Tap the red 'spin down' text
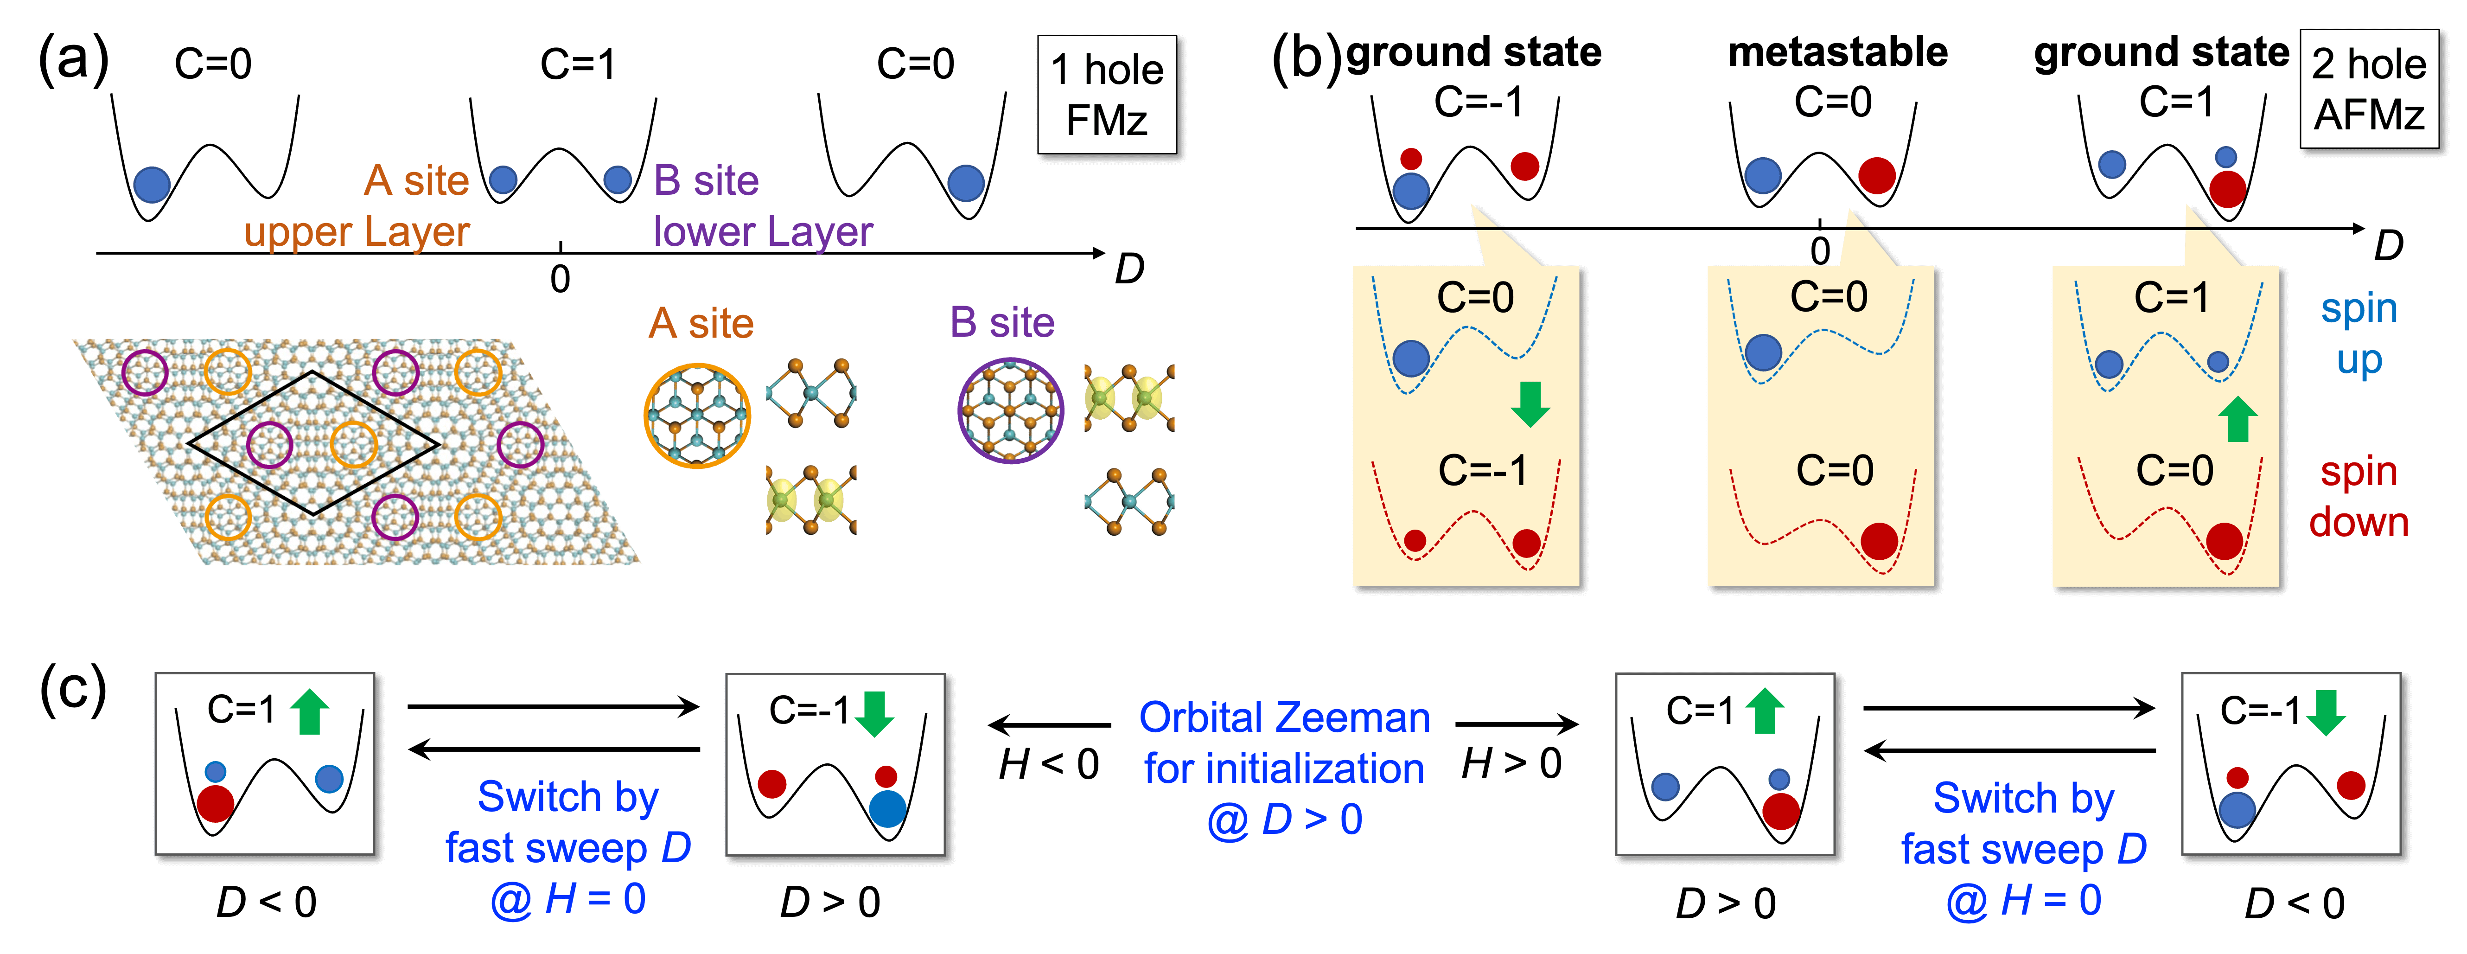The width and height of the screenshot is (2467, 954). coord(2359,496)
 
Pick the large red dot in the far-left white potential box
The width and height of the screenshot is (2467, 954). coord(216,803)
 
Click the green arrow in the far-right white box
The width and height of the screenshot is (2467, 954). coord(2325,713)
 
